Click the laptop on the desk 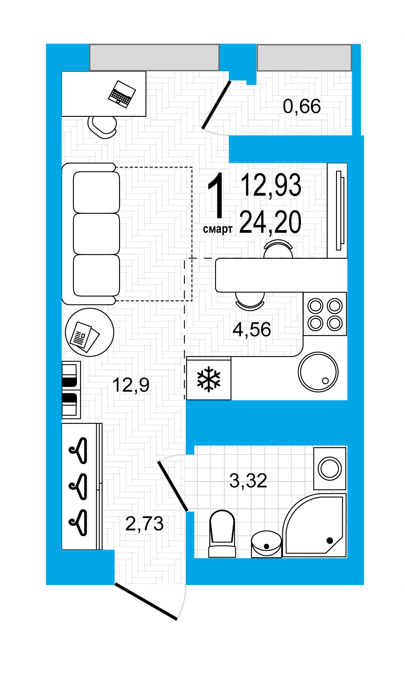point(122,94)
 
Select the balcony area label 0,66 point(302,106)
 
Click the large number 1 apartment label point(216,195)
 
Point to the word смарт point(217,229)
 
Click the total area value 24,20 point(270,222)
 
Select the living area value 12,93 point(271,185)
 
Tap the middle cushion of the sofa point(96,234)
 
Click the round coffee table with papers point(90,332)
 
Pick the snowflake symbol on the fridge point(209,379)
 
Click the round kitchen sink point(318,372)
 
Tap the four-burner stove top point(325,314)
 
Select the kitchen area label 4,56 point(252,330)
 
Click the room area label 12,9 point(131,385)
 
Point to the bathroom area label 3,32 point(248,480)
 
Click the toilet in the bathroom point(222,534)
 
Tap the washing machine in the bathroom point(330,469)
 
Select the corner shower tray point(314,525)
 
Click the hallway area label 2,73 point(144,524)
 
